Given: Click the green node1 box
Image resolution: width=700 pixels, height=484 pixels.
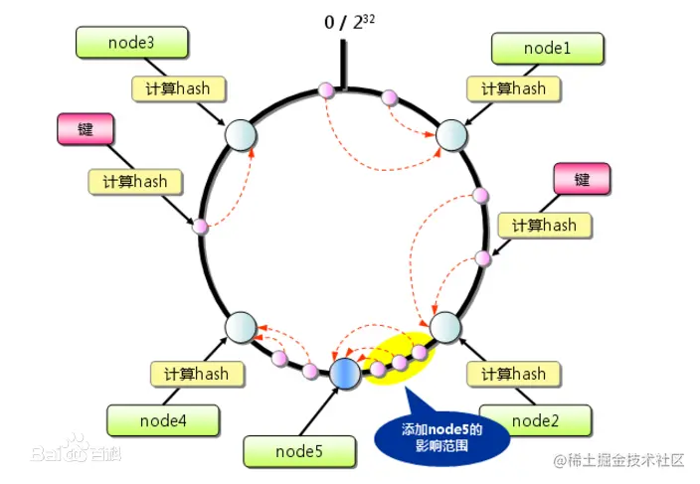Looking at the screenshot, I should (x=547, y=47).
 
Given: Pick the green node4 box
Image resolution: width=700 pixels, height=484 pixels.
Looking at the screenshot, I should (x=162, y=419).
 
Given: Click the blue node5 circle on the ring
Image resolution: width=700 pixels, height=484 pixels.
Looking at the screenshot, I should (x=345, y=373).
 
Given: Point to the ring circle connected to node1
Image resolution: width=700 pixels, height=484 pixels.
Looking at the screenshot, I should (x=450, y=133).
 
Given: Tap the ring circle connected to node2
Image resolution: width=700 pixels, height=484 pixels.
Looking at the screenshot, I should (x=444, y=326).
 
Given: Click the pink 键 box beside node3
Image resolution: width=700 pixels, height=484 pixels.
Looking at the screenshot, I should (x=87, y=129).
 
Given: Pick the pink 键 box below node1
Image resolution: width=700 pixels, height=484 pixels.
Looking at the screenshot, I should (x=582, y=179).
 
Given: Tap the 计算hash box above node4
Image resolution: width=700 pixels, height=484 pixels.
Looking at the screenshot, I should (x=197, y=374).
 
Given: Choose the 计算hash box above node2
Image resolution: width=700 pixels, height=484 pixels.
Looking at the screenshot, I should (x=513, y=374).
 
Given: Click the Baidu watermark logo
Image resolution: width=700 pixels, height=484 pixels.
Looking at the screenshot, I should (x=76, y=454).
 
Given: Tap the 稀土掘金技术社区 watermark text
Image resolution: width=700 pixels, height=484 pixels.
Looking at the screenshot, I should (x=620, y=460).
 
